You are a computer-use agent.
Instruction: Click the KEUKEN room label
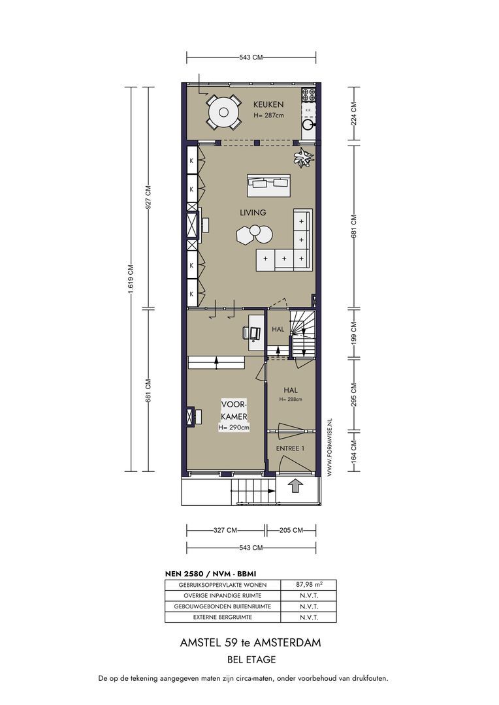(x=268, y=104)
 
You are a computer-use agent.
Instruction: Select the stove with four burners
(x=309, y=95)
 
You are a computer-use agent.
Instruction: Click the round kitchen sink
(x=308, y=125)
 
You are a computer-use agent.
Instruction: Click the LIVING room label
(x=252, y=212)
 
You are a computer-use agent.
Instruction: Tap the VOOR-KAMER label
(x=234, y=411)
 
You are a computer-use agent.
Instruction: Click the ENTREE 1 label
(x=290, y=448)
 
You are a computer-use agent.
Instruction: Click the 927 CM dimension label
(x=148, y=197)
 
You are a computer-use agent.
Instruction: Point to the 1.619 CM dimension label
(x=131, y=279)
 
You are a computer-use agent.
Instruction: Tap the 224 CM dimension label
(x=353, y=114)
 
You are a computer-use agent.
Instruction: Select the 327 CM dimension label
(x=225, y=530)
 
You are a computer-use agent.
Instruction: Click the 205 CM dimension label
(x=291, y=530)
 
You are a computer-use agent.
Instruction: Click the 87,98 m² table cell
(x=309, y=585)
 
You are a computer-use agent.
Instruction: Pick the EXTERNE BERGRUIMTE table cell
(x=223, y=618)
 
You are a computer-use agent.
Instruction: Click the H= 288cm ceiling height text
(x=291, y=399)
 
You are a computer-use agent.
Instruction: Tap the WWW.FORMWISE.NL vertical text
(x=329, y=446)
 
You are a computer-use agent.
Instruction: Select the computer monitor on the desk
(x=255, y=333)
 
